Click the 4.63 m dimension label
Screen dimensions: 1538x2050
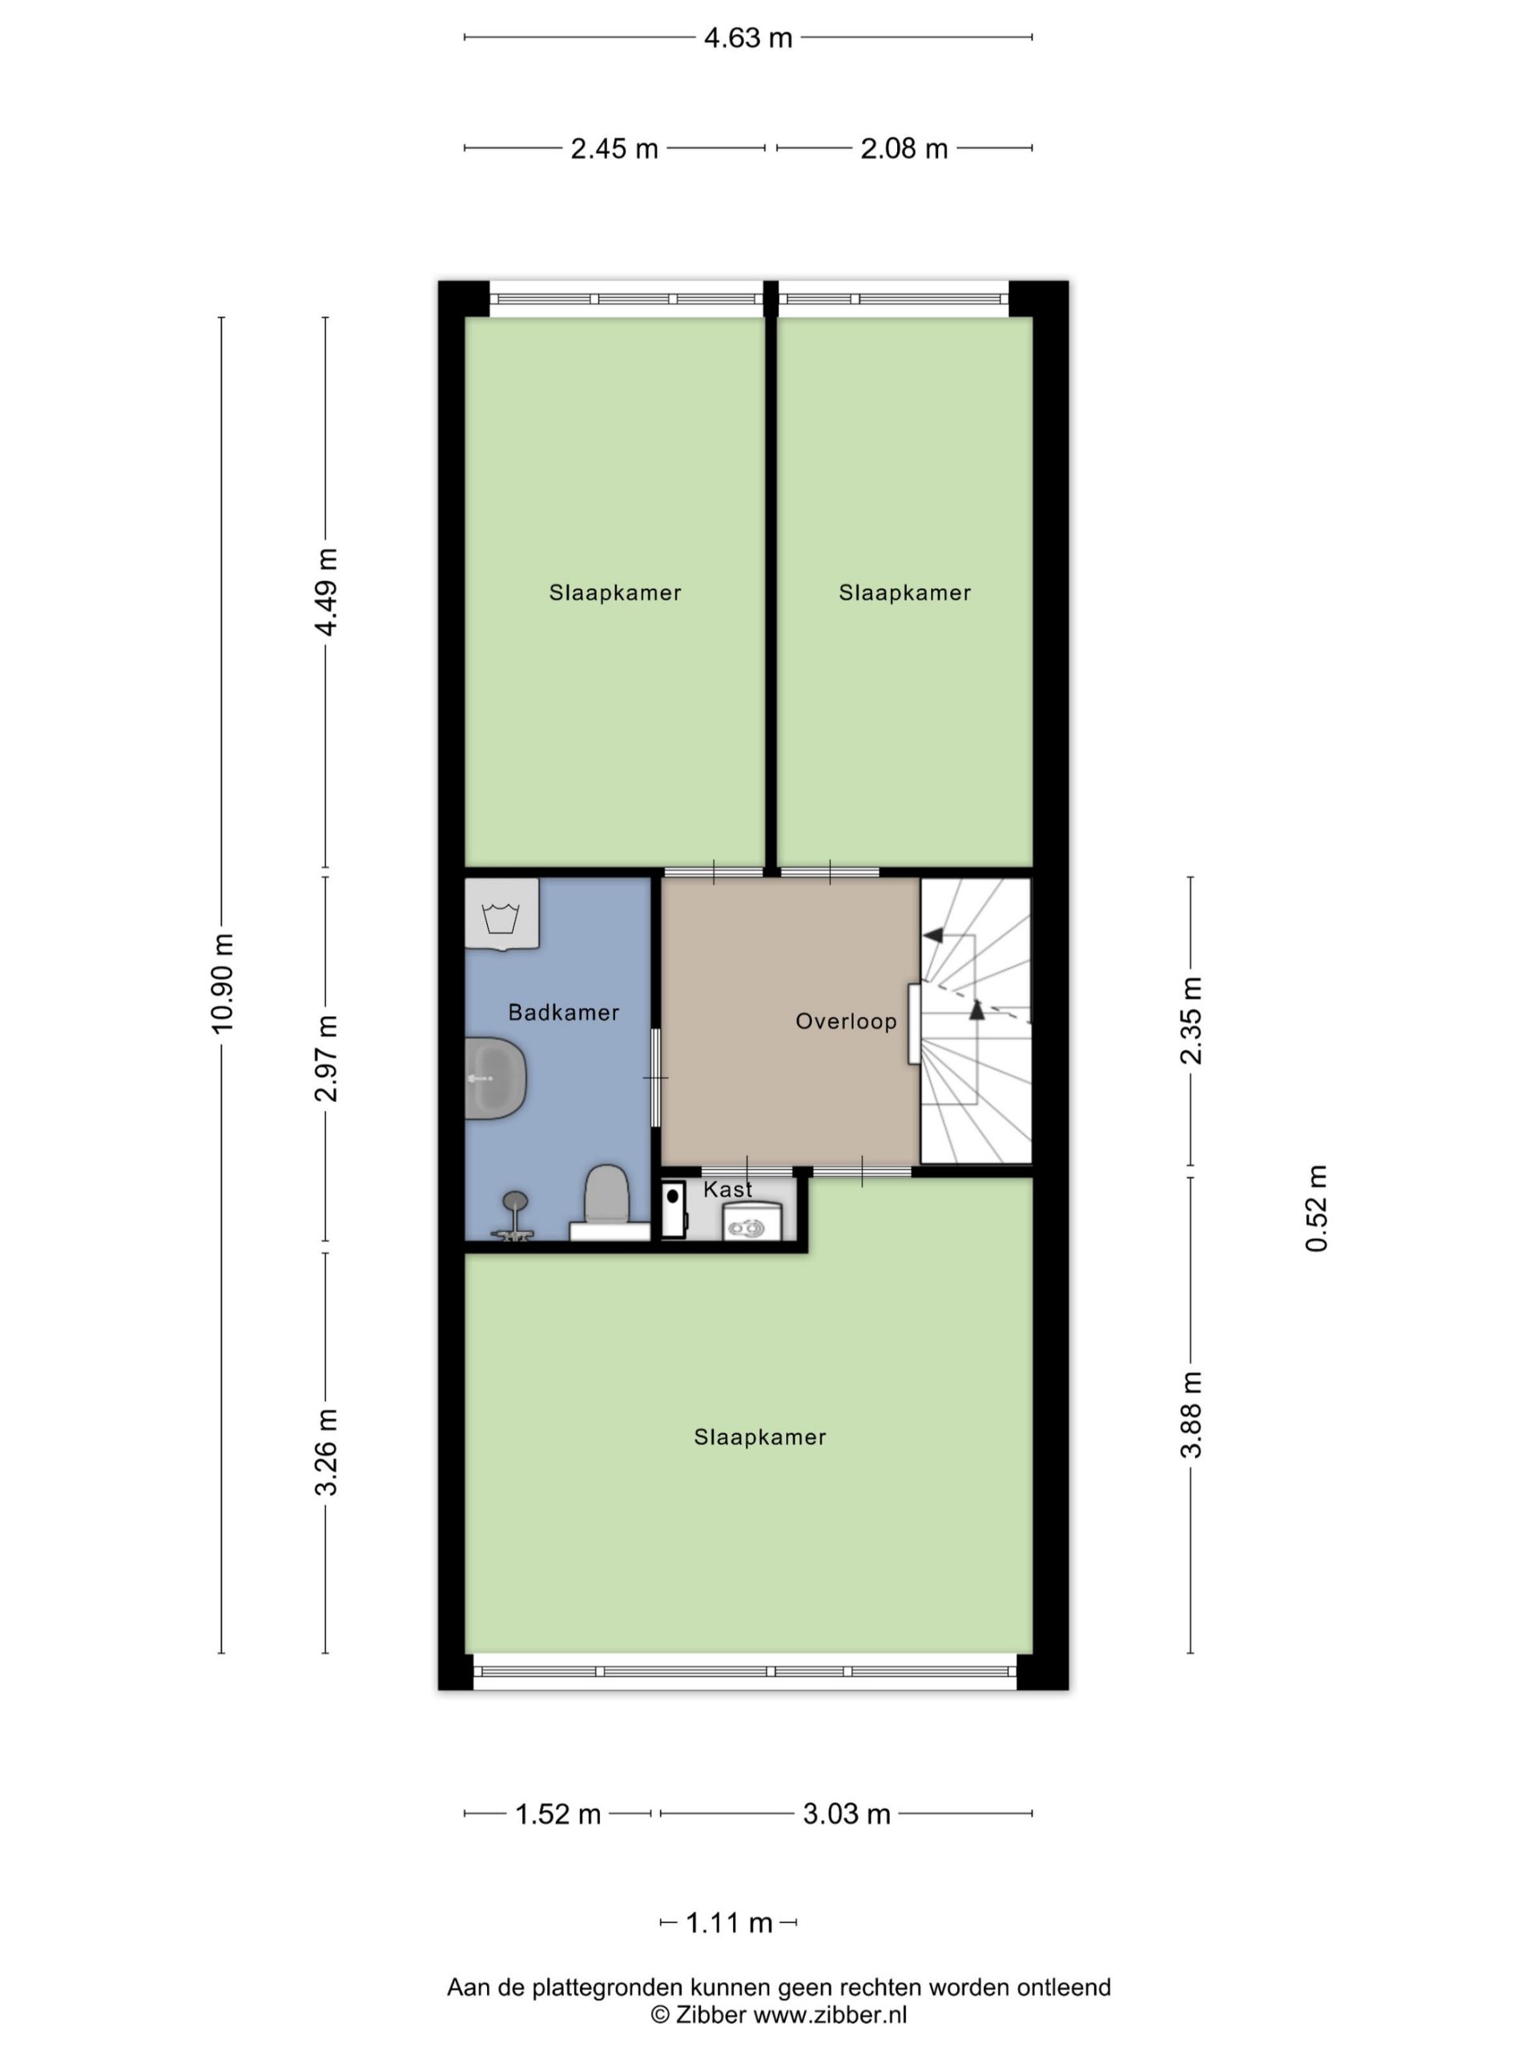pos(747,38)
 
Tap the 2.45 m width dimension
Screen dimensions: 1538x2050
pos(614,148)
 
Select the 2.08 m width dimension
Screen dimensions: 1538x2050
pos(904,148)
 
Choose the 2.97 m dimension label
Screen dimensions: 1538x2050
pos(326,1058)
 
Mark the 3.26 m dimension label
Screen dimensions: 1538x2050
pos(326,1451)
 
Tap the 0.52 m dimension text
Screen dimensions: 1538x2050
pos(1316,1208)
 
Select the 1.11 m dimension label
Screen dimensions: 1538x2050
pos(729,1923)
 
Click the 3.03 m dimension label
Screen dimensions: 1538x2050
pos(847,1814)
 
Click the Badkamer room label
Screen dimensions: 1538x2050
pos(564,1012)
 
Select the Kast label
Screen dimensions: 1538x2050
pos(727,1189)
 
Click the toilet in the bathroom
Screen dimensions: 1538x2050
pos(607,1202)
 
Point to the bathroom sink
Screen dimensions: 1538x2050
pos(495,1078)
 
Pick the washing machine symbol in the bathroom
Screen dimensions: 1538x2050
pos(501,914)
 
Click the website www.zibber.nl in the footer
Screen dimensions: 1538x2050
pos(830,2014)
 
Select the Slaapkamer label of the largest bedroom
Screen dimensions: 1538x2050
pos(759,1437)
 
